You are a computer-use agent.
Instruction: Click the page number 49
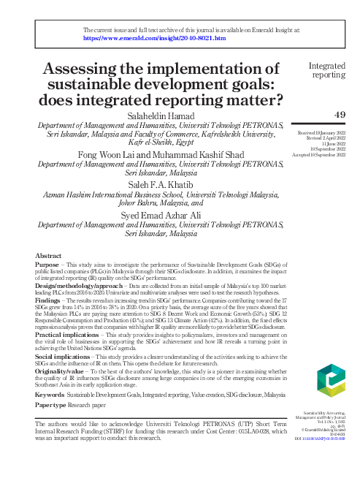pos(339,115)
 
